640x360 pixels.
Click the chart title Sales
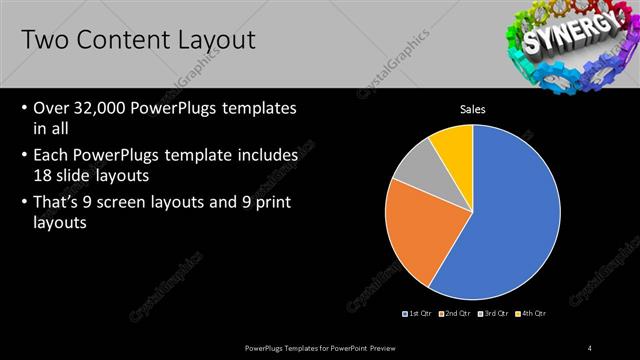pyautogui.click(x=473, y=109)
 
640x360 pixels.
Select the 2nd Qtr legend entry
pyautogui.click(x=455, y=313)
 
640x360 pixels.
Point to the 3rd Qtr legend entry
pyautogui.click(x=494, y=313)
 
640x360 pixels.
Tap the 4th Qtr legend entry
pyautogui.click(x=532, y=313)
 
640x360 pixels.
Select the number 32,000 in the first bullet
pyautogui.click(x=104, y=108)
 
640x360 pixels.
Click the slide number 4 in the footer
pyautogui.click(x=590, y=347)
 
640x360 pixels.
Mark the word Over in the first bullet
pyautogui.click(x=52, y=108)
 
